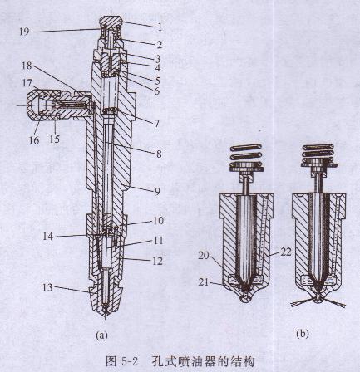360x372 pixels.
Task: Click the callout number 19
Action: (x=24, y=32)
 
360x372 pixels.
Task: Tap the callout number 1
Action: (x=159, y=27)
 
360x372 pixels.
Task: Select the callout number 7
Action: (x=157, y=124)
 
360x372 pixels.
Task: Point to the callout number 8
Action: (x=159, y=154)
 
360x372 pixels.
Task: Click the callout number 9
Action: (x=157, y=191)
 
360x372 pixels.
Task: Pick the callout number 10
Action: (x=158, y=221)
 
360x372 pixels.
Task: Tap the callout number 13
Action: (x=47, y=287)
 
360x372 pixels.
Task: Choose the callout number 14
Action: (x=48, y=237)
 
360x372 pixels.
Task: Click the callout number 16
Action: (x=34, y=140)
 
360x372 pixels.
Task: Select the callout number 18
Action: (x=27, y=66)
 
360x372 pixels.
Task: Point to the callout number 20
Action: (x=205, y=256)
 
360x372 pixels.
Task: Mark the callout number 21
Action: (x=205, y=282)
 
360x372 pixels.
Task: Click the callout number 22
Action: (x=285, y=252)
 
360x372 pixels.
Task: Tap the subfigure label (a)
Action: (x=101, y=335)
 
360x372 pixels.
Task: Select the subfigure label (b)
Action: (x=302, y=334)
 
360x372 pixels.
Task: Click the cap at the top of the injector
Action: (x=111, y=22)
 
